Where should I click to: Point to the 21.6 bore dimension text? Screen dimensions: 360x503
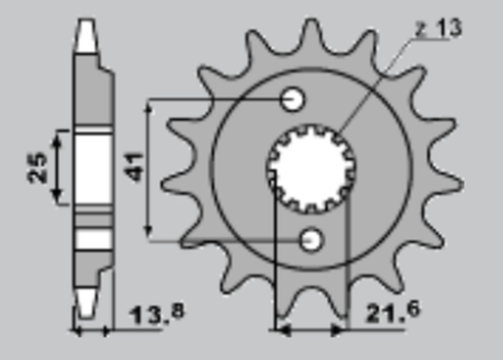[391, 312]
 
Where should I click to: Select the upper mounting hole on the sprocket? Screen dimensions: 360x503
[293, 99]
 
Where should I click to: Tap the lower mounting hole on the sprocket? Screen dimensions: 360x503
[312, 238]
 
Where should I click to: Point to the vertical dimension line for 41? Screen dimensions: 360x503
[148, 167]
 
